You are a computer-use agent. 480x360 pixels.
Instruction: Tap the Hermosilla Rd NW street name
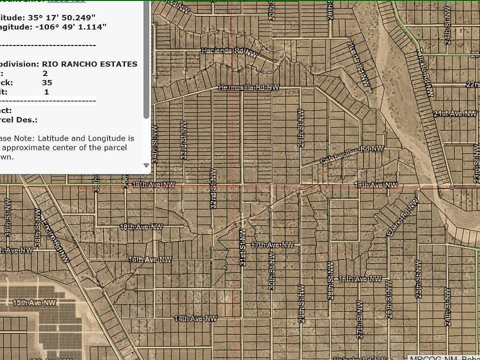[249, 87]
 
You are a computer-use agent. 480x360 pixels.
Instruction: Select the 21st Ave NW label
[455, 114]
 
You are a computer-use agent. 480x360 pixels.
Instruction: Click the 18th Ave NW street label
[141, 226]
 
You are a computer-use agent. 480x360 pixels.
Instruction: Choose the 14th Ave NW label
[195, 318]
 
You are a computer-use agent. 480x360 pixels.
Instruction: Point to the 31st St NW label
[242, 247]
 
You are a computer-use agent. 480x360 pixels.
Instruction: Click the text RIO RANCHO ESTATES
[89, 64]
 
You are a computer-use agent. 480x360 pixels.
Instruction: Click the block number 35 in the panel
[47, 82]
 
